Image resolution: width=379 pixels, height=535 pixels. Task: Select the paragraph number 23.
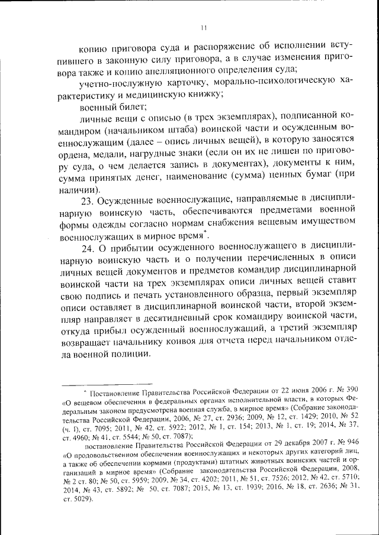tap(87, 202)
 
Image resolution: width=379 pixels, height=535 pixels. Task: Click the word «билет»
tap(124, 108)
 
